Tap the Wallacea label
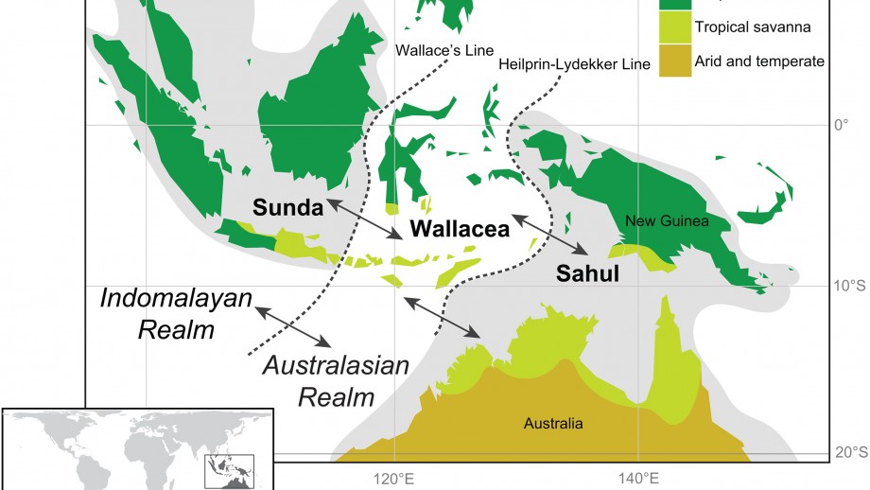(x=460, y=228)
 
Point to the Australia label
(x=553, y=423)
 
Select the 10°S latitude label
(x=846, y=286)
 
